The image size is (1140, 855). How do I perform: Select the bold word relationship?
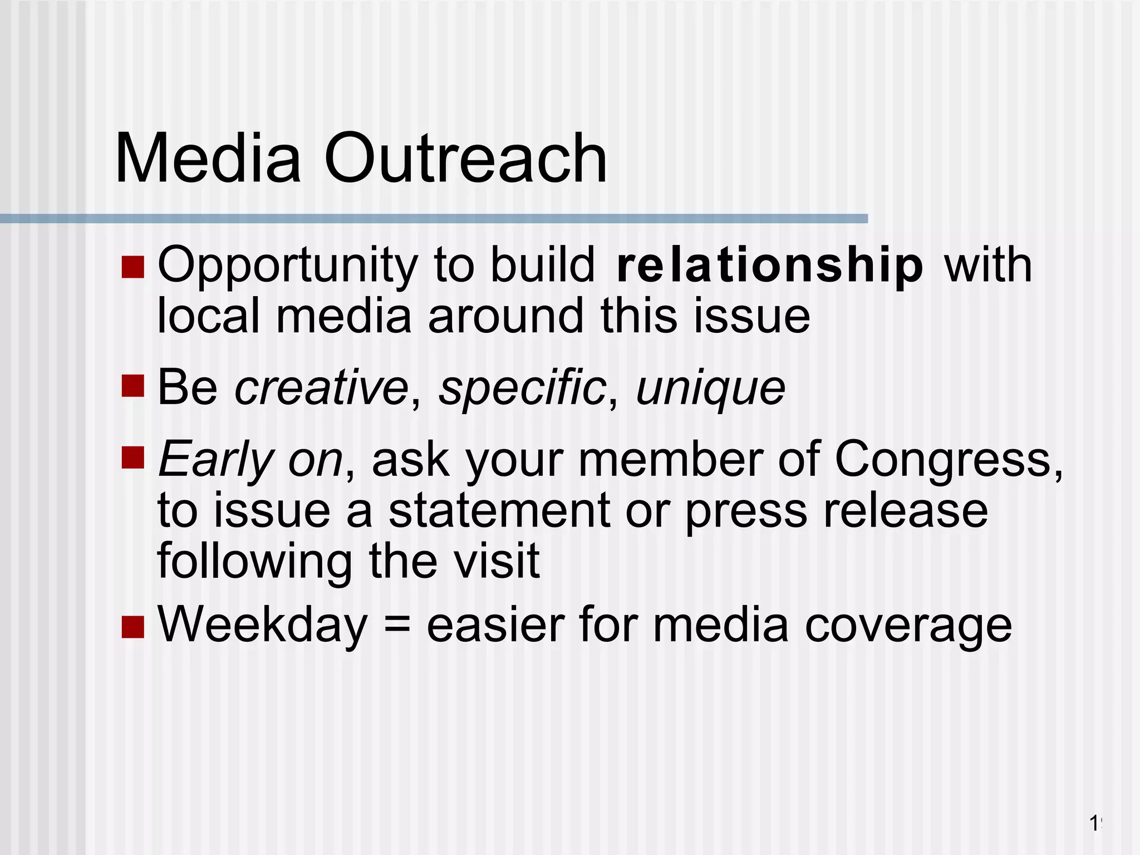pyautogui.click(x=770, y=266)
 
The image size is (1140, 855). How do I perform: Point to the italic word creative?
pyautogui.click(x=321, y=387)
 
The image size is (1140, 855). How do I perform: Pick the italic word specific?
pyautogui.click(x=522, y=387)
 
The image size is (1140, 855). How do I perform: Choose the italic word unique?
pyautogui.click(x=710, y=389)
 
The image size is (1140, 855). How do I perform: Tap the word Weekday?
pyautogui.click(x=263, y=625)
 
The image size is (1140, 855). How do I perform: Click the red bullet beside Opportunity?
pyautogui.click(x=132, y=267)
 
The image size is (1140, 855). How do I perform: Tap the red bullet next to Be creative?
pyautogui.click(x=132, y=386)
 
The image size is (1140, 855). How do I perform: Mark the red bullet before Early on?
pyautogui.click(x=132, y=457)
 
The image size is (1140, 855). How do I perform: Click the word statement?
pyautogui.click(x=499, y=511)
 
